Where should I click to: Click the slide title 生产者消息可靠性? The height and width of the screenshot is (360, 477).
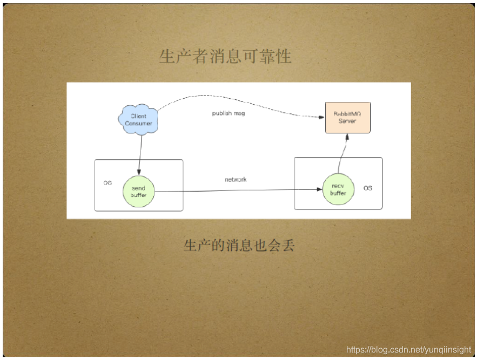pyautogui.click(x=225, y=56)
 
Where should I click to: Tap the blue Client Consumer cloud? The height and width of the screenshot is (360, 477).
pyautogui.click(x=138, y=120)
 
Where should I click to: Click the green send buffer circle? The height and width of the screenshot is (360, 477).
pyautogui.click(x=138, y=192)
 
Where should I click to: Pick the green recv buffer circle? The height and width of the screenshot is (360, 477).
pyautogui.click(x=338, y=189)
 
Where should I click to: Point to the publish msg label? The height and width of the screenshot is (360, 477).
pyautogui.click(x=229, y=113)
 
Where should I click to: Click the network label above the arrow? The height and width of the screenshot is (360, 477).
pyautogui.click(x=236, y=179)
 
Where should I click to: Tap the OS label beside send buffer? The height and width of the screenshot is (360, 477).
pyautogui.click(x=108, y=184)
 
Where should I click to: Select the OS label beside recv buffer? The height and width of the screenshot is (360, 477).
pyautogui.click(x=367, y=188)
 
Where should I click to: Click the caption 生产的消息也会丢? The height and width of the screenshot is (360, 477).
pyautogui.click(x=239, y=246)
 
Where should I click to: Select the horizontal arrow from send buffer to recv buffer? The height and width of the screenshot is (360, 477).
pyautogui.click(x=238, y=190)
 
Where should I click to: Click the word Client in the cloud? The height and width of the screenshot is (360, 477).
pyautogui.click(x=138, y=116)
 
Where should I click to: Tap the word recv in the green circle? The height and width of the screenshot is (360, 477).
pyautogui.click(x=338, y=186)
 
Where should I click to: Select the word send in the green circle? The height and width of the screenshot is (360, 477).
pyautogui.click(x=138, y=188)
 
